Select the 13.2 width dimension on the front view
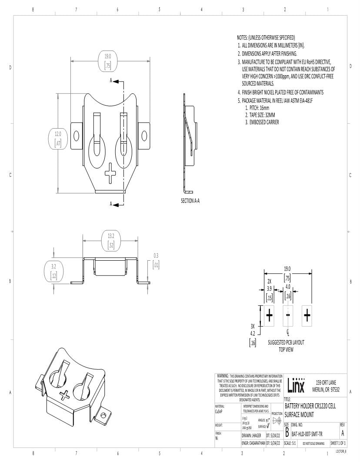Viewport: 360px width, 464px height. click(111, 241)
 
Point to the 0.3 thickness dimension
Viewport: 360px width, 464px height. click(156, 261)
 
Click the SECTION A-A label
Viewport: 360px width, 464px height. click(190, 201)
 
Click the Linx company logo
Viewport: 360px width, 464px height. click(297, 385)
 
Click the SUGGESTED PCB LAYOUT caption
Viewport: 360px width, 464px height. click(286, 342)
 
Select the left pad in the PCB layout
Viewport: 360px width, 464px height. click(270, 315)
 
